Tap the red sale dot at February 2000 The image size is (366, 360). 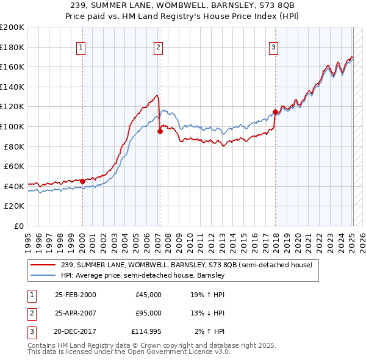[x=82, y=181]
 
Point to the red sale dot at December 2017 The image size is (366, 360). [x=275, y=112]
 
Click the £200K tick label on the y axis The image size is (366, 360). [x=12, y=27]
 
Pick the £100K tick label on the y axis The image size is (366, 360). [x=12, y=127]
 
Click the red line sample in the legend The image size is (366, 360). [x=44, y=265]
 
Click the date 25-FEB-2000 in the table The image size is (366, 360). [x=75, y=295]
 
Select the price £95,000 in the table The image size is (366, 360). [x=149, y=313]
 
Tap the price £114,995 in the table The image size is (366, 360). [x=147, y=331]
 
